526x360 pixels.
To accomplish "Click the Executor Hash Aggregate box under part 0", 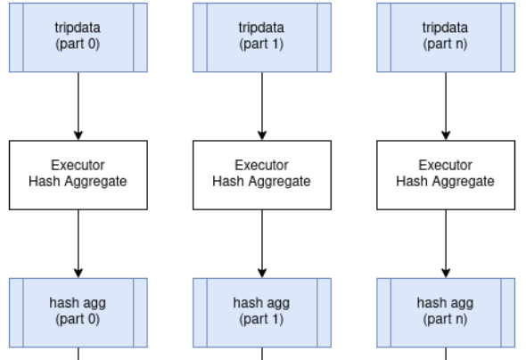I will click(78, 174).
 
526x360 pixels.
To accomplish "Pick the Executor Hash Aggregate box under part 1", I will click(261, 174).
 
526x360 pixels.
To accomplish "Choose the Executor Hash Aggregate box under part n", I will click(445, 174).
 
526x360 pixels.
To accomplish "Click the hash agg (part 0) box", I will click(78, 311).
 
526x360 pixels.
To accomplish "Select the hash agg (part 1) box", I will click(261, 311).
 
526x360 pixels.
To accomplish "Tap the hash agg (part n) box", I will click(445, 311).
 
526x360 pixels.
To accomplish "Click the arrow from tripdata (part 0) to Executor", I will click(78, 105).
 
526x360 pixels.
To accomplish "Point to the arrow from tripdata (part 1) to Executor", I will click(261, 105).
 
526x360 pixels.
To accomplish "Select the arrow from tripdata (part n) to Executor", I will click(445, 105).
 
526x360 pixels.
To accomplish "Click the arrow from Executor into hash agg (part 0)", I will click(78, 243).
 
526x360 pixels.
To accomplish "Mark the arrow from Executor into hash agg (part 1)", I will click(261, 243).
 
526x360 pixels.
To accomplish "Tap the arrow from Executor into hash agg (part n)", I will click(445, 243).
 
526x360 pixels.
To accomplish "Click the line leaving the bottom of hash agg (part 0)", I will click(78, 353).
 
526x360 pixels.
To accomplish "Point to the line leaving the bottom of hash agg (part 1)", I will click(261, 353).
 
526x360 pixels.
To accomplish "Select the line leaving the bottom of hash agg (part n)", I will click(445, 353).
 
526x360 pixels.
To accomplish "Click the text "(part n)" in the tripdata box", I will click(445, 43).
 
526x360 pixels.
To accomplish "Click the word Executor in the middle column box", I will click(261, 166).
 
